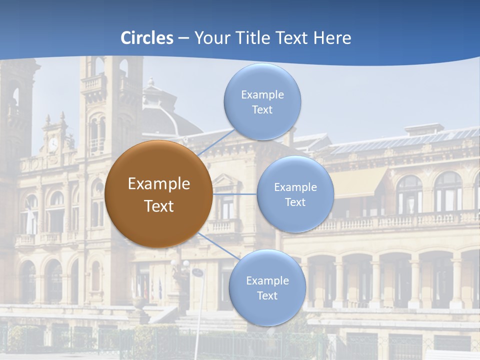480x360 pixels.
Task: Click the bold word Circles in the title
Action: (x=147, y=38)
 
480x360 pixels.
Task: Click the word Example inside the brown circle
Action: (x=159, y=183)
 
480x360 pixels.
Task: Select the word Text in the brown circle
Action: (x=159, y=205)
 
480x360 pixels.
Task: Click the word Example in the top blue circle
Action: (x=262, y=94)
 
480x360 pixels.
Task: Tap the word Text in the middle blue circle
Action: (x=295, y=202)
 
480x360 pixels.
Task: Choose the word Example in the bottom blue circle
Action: (x=267, y=280)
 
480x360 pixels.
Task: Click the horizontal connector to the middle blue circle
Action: (x=234, y=194)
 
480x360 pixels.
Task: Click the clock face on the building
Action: (x=53, y=144)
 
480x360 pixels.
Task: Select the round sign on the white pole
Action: (x=197, y=272)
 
